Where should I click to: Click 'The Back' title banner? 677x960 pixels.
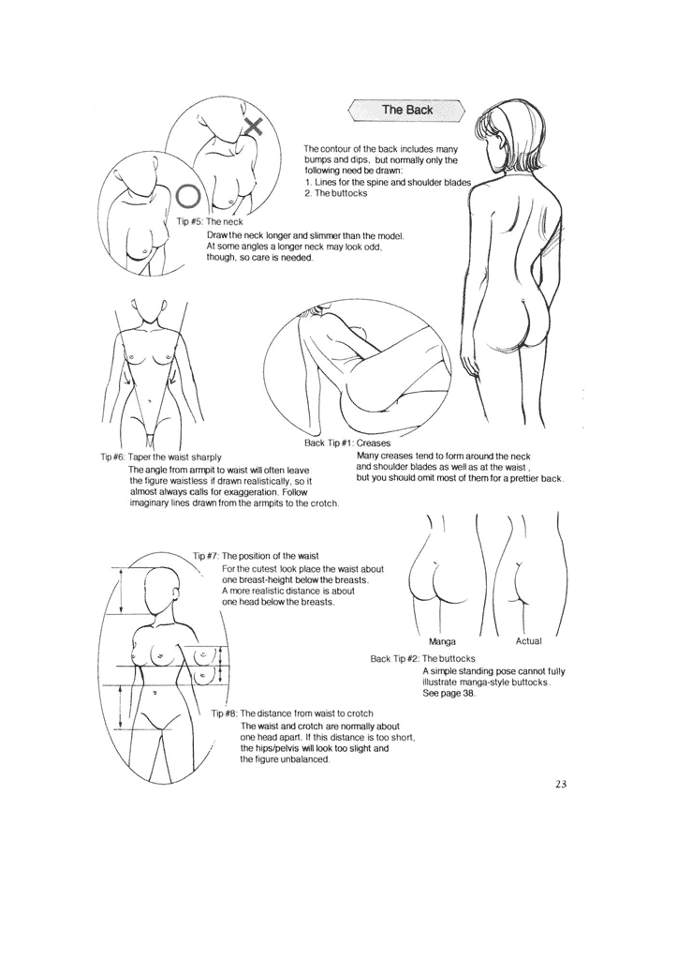pos(406,111)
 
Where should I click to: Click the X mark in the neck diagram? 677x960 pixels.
pos(254,128)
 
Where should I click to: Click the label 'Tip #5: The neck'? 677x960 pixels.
pos(210,222)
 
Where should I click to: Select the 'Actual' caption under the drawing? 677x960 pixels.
pos(529,641)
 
